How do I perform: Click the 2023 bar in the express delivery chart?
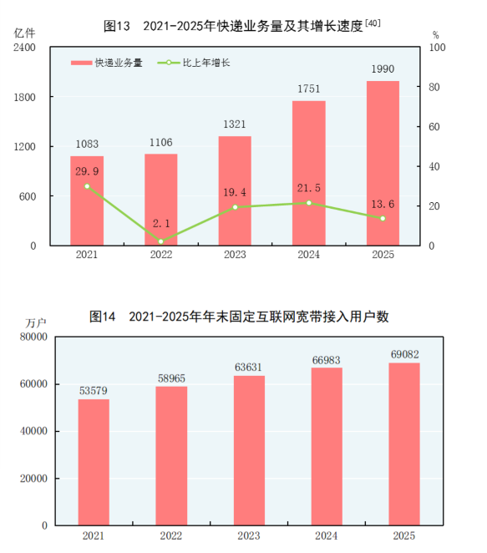point(235,191)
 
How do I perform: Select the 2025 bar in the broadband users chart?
point(404,444)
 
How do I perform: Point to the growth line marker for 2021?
point(87,186)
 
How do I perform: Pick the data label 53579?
point(93,390)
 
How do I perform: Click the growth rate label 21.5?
point(309,188)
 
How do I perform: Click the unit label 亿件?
point(24,33)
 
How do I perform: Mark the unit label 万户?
point(36,322)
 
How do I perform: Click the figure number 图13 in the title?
point(117,27)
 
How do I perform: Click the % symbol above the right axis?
point(436,34)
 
